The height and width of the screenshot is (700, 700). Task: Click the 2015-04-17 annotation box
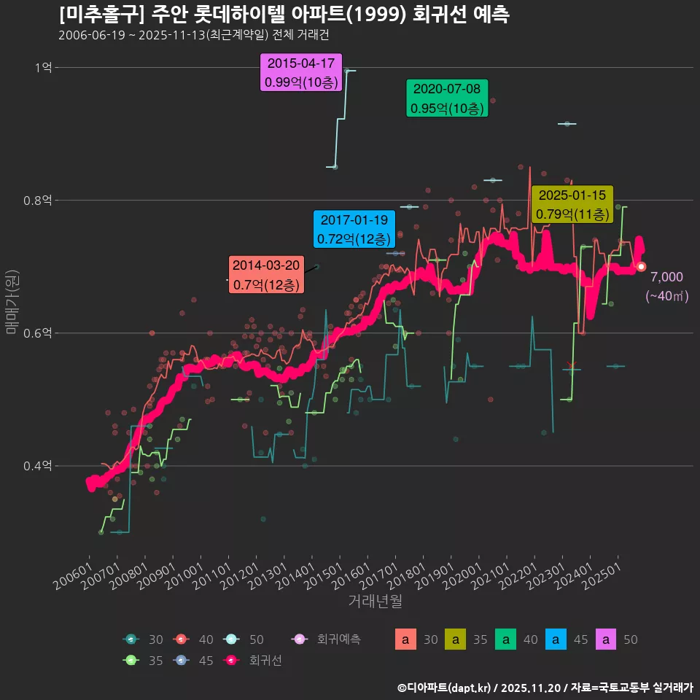coord(301,73)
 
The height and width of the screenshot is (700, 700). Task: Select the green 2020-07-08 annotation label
coord(447,98)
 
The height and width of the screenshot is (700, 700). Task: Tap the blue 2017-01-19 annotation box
coord(354,229)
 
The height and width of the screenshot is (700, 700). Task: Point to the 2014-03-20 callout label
coord(265,275)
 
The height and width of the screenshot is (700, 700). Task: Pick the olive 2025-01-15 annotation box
coord(572,205)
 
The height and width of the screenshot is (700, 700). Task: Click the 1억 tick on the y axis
coord(43,68)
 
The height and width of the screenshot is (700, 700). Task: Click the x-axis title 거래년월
coord(375,601)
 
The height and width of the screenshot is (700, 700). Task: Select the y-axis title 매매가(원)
coord(12,300)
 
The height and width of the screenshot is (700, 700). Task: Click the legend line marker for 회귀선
coord(230,661)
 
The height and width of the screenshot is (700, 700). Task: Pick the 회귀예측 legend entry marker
coord(298,639)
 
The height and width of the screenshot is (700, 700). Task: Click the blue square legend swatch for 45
coord(556,639)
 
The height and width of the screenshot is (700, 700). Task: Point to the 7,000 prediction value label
coord(666,276)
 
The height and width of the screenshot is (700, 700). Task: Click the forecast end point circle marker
coord(641,267)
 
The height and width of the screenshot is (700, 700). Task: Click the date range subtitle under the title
coord(198,35)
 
